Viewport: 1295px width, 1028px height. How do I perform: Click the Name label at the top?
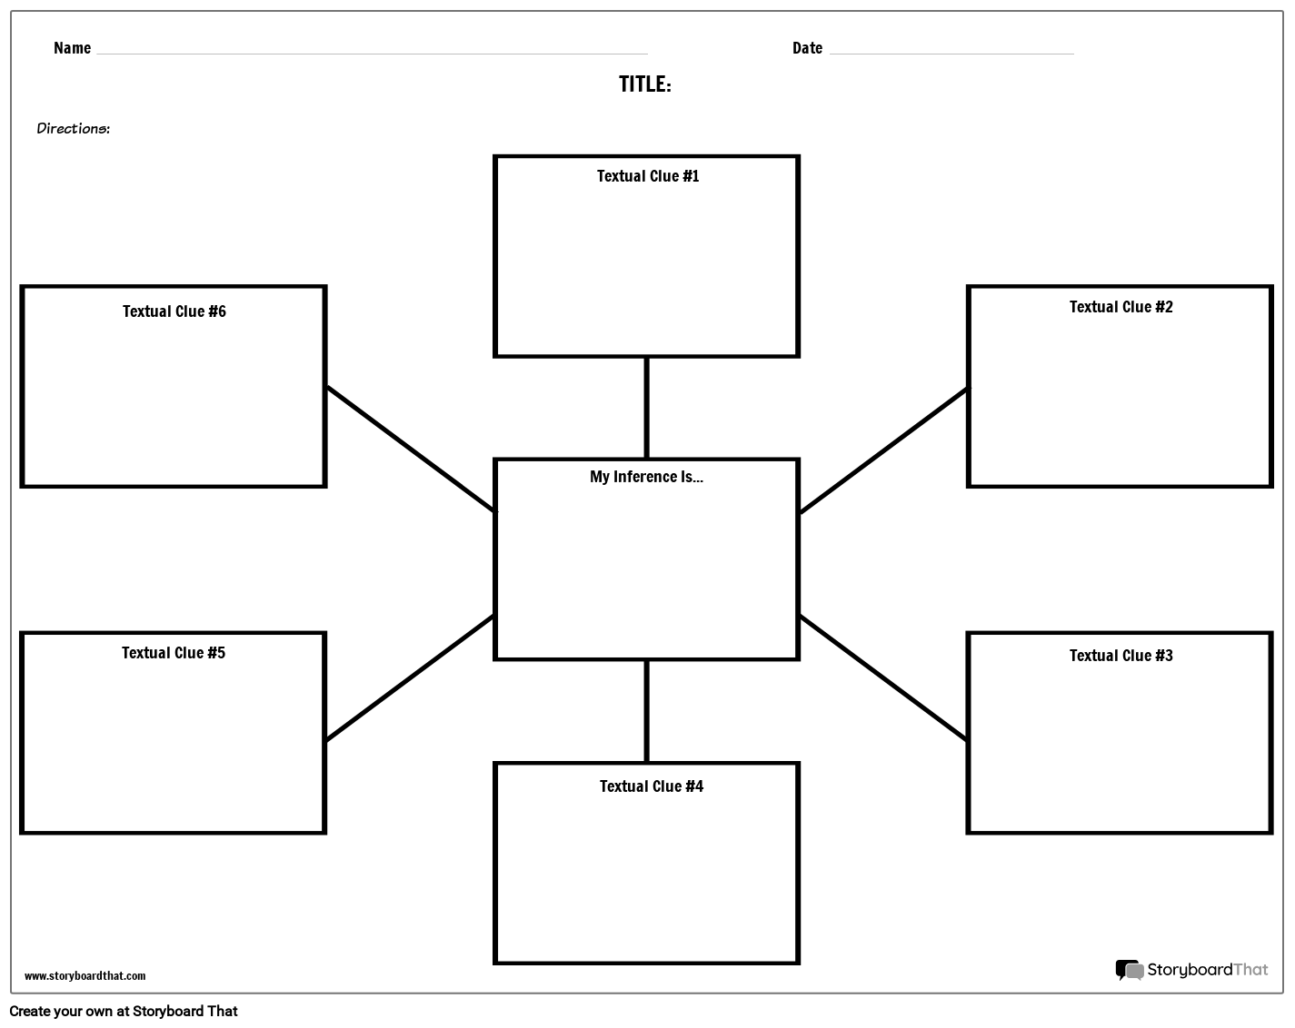click(72, 48)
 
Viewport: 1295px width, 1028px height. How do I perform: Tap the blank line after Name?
click(372, 52)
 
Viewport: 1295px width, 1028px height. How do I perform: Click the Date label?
click(807, 48)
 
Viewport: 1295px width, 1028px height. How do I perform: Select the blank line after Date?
click(951, 52)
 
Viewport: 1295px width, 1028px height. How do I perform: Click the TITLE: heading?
click(645, 84)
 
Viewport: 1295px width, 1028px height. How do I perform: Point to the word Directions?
click(74, 129)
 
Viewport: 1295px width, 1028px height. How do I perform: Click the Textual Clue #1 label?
click(648, 176)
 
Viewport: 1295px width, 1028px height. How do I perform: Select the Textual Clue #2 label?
click(1121, 307)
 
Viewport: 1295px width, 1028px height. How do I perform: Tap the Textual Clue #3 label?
click(1121, 656)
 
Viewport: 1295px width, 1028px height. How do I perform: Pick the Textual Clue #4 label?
click(651, 786)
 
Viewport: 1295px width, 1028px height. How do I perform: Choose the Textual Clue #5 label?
click(174, 653)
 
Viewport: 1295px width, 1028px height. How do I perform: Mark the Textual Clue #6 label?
click(174, 311)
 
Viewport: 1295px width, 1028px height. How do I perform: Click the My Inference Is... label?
click(646, 477)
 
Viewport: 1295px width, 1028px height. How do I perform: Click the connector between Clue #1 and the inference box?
click(646, 408)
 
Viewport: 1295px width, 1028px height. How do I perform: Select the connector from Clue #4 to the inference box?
click(646, 711)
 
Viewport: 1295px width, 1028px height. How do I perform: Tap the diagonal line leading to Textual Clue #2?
click(883, 450)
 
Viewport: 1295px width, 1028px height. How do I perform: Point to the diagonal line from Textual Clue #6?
click(411, 449)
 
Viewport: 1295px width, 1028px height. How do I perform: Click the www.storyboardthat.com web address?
click(85, 976)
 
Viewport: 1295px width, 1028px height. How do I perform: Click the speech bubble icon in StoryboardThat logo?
click(1130, 971)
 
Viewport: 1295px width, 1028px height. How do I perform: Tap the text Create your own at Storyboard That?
click(124, 1011)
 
